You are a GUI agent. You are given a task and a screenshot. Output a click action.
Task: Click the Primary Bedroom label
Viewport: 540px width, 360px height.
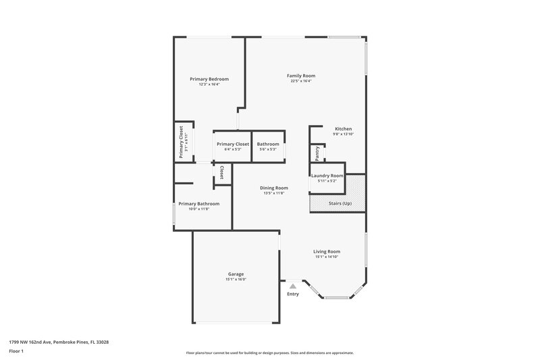(x=209, y=79)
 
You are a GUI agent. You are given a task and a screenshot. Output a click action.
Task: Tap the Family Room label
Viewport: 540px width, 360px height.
(x=302, y=76)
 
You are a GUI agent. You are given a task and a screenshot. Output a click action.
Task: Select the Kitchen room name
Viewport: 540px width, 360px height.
(x=343, y=128)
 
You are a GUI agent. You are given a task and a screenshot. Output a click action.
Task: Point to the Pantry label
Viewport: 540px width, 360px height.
(x=317, y=153)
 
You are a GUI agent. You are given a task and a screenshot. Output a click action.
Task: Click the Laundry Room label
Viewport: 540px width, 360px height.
(x=327, y=176)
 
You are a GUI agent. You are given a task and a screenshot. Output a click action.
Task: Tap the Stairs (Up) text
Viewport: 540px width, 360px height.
(x=339, y=203)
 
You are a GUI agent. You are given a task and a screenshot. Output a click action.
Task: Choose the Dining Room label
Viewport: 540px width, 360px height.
(x=274, y=188)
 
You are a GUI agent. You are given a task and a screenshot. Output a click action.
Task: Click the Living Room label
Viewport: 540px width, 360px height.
(x=327, y=251)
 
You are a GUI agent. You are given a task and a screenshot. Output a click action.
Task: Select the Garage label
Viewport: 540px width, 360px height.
(x=236, y=274)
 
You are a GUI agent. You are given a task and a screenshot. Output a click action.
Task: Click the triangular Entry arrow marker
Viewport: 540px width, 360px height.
(x=292, y=286)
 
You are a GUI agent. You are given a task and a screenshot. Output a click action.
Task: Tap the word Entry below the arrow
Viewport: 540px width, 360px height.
(x=292, y=294)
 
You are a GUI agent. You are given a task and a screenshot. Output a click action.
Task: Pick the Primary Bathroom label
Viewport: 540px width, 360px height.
(x=198, y=204)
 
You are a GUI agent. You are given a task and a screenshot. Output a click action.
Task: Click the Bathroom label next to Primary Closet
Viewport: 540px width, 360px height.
(x=268, y=144)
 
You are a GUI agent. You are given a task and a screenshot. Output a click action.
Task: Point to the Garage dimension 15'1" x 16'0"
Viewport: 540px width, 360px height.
(x=236, y=279)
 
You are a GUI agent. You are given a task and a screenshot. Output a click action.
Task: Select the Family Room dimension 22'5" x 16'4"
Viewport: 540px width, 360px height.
(x=302, y=81)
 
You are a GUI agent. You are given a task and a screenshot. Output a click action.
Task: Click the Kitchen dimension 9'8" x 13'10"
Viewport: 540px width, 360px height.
(x=343, y=134)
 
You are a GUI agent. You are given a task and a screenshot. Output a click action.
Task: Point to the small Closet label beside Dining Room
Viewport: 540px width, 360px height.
(x=221, y=172)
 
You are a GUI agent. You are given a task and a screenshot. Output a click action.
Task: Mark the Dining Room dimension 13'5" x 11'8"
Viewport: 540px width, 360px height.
(x=274, y=193)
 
